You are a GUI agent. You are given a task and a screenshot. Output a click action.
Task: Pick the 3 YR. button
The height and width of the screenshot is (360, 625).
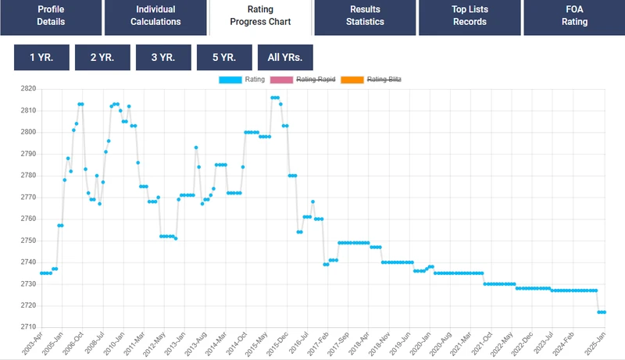(162, 57)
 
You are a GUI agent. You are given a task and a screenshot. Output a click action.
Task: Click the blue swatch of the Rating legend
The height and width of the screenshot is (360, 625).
(232, 80)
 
